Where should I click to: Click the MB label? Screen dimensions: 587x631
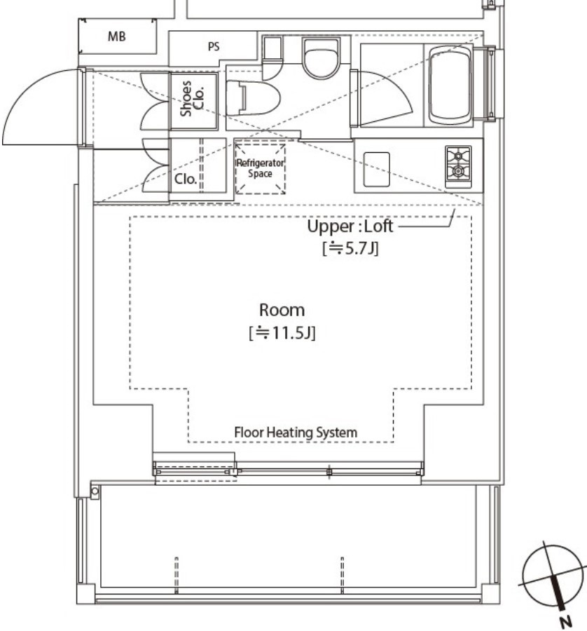pyautogui.click(x=116, y=36)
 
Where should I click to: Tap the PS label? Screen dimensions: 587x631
pyautogui.click(x=214, y=47)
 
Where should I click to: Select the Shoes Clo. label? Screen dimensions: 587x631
pyautogui.click(x=192, y=99)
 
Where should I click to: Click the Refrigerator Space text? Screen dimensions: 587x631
pyautogui.click(x=260, y=168)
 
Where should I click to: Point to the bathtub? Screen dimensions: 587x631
pyautogui.click(x=450, y=86)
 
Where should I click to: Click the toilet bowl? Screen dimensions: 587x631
pyautogui.click(x=253, y=98)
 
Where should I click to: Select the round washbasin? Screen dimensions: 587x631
pyautogui.click(x=320, y=59)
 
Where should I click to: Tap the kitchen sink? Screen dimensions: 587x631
pyautogui.click(x=376, y=169)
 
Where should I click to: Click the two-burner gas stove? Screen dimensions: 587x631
pyautogui.click(x=458, y=167)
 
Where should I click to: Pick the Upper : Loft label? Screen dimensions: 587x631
pyautogui.click(x=350, y=226)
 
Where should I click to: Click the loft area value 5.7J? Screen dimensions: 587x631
pyautogui.click(x=350, y=248)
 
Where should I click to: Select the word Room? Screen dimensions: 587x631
pyautogui.click(x=282, y=310)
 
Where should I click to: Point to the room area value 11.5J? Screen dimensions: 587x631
pyautogui.click(x=282, y=333)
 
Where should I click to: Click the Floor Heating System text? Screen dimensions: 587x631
pyautogui.click(x=296, y=433)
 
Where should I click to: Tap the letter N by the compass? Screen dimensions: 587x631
pyautogui.click(x=567, y=623)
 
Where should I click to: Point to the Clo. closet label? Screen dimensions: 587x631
pyautogui.click(x=186, y=179)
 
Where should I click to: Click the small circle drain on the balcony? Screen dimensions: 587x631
pyautogui.click(x=95, y=491)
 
